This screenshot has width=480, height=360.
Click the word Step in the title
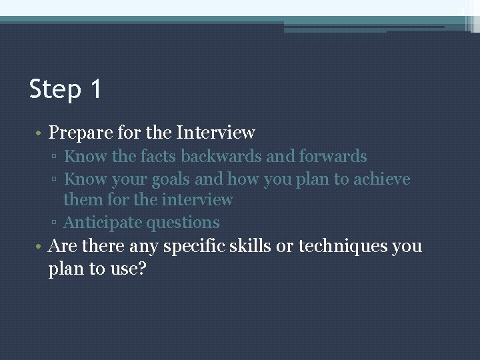click(x=55, y=89)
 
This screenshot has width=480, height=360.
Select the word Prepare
click(x=77, y=133)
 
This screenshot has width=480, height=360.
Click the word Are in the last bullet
click(x=63, y=246)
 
